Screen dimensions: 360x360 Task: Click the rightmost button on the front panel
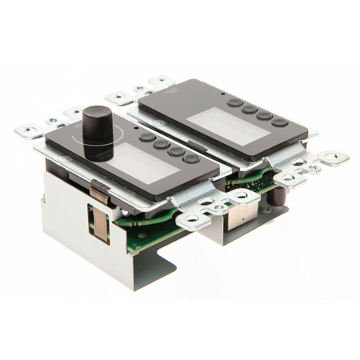click(x=191, y=158)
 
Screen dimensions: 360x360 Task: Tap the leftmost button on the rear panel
click(x=234, y=102)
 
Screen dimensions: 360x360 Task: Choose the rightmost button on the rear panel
click(x=279, y=122)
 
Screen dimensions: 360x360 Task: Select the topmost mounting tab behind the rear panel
click(x=159, y=81)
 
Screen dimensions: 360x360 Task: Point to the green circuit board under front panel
click(x=152, y=232)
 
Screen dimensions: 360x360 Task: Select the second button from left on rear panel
click(x=249, y=109)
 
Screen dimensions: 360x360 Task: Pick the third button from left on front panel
click(x=175, y=151)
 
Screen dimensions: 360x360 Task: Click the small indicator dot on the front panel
click(x=135, y=127)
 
